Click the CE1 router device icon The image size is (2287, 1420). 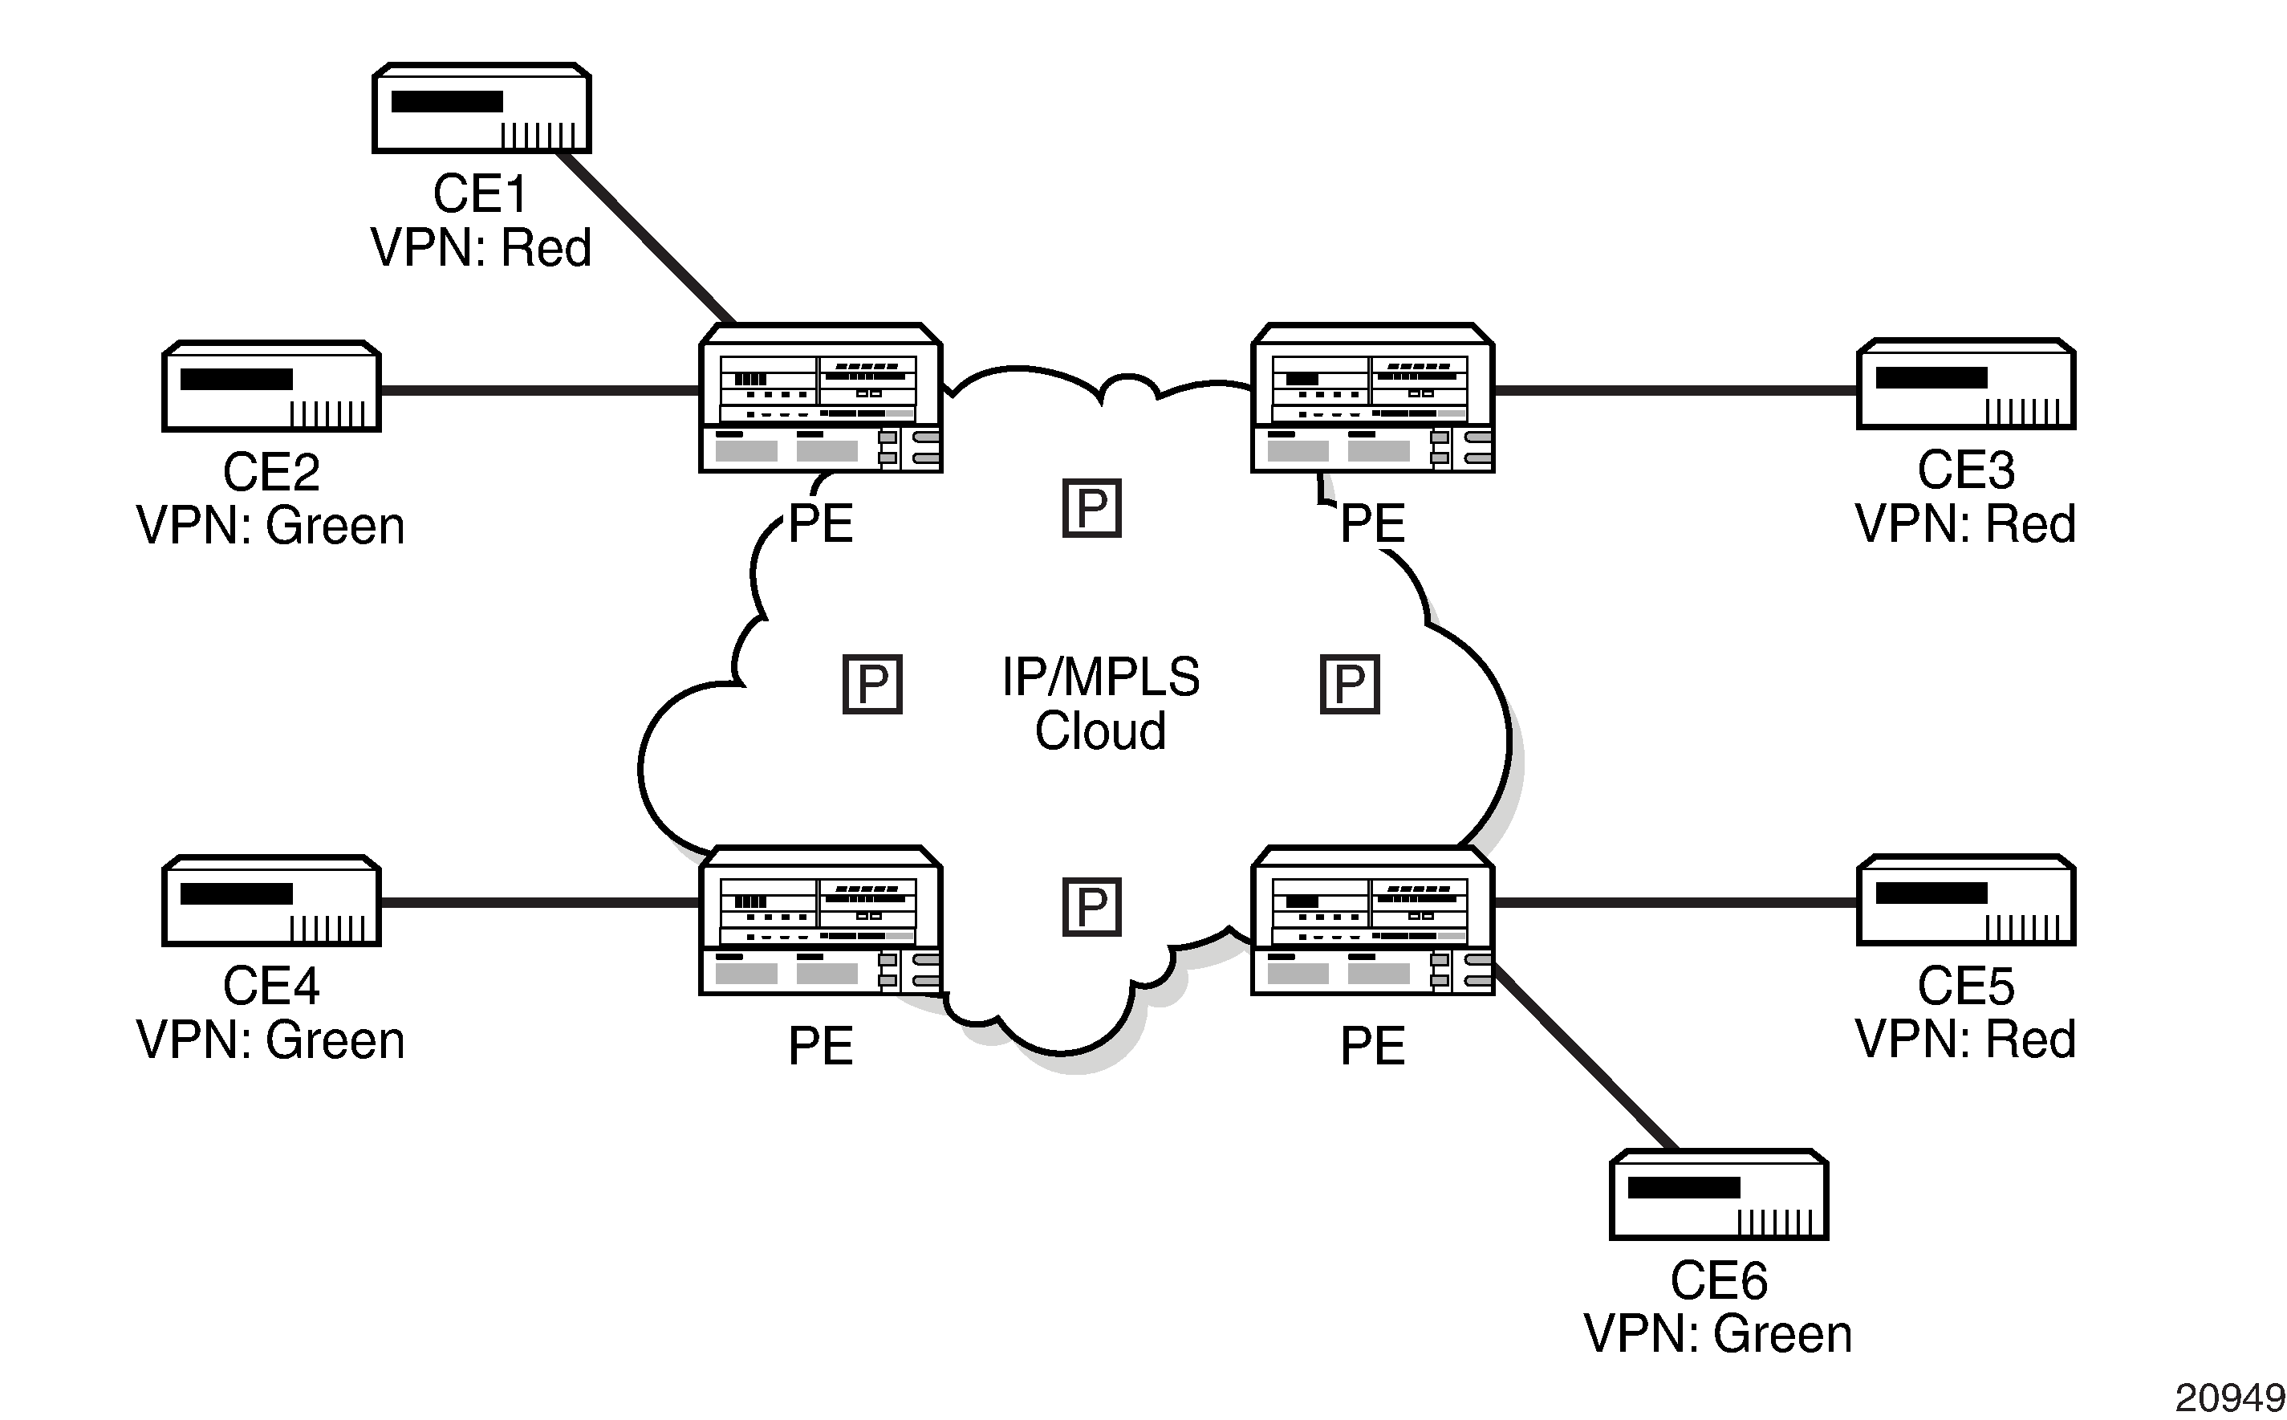(x=481, y=108)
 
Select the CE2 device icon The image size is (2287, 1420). (x=271, y=386)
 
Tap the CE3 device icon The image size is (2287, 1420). (x=1966, y=384)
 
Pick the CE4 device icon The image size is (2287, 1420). (x=271, y=901)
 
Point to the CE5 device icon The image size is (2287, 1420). (x=1966, y=901)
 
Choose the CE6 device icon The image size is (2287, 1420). (x=1718, y=1194)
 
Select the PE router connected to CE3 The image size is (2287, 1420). (x=1372, y=398)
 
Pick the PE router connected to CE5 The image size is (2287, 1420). (x=1372, y=921)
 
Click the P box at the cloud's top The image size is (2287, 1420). (x=1092, y=508)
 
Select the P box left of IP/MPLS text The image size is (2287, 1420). (x=872, y=685)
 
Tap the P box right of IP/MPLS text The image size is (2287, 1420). (x=1349, y=685)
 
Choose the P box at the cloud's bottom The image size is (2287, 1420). (x=1092, y=907)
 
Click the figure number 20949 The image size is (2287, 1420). (x=2228, y=1398)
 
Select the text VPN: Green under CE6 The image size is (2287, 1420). (x=1718, y=1333)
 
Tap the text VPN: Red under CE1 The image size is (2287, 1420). (x=481, y=248)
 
